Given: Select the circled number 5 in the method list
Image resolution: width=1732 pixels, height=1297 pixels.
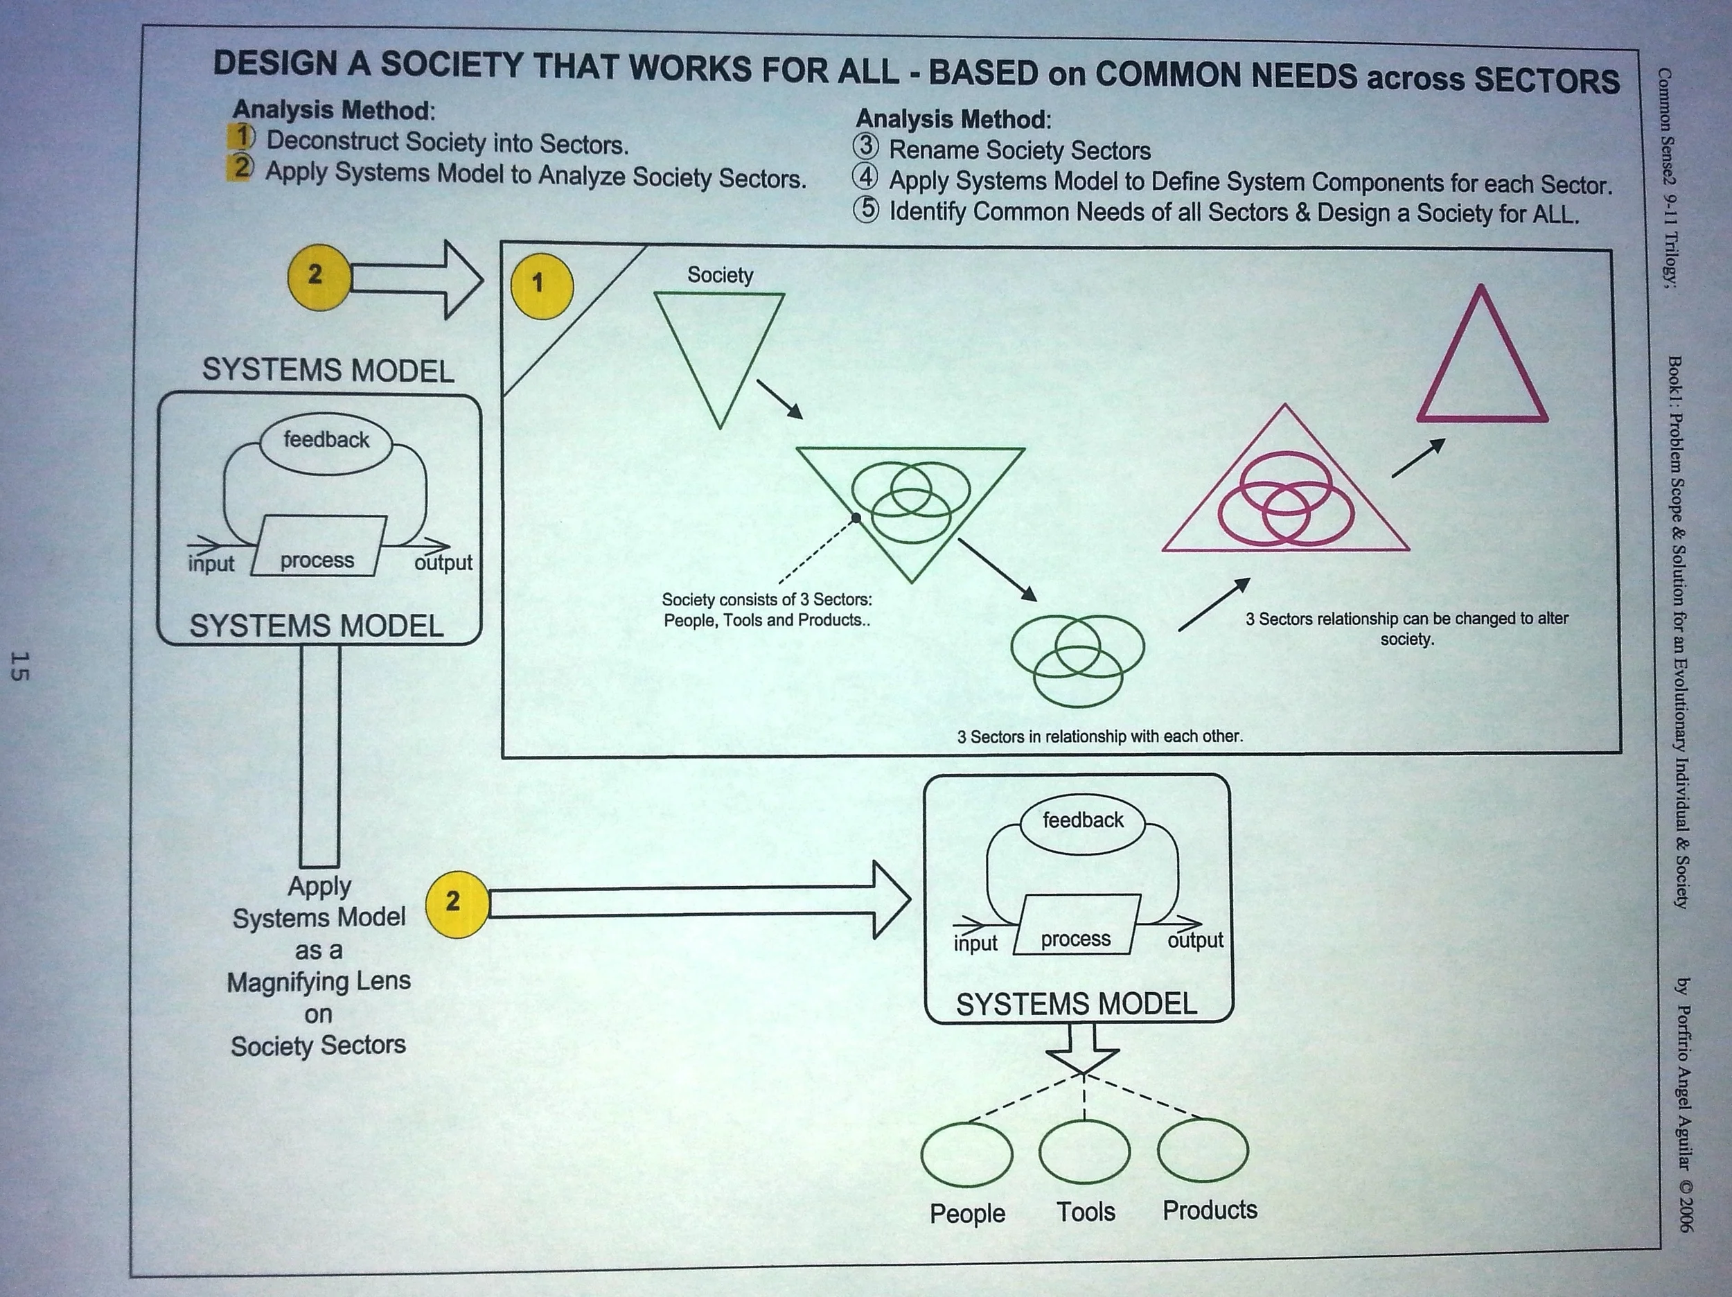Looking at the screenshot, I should coord(866,210).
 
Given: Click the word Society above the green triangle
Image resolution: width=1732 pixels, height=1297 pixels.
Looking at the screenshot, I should coord(720,275).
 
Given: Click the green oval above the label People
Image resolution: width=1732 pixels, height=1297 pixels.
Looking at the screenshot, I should coord(966,1154).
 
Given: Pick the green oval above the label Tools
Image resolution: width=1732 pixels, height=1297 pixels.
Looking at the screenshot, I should coord(1084,1152).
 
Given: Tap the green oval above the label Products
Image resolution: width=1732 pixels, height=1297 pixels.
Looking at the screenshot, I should coord(1203,1149).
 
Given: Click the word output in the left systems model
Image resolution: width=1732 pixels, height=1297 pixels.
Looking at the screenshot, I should coord(443,563).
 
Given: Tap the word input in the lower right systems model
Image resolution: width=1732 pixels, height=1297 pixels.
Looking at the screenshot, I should coord(975,943).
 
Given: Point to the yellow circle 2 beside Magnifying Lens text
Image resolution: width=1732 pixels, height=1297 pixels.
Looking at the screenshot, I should coord(456,904).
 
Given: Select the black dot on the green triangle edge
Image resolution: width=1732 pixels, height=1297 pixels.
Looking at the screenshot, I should coord(856,518).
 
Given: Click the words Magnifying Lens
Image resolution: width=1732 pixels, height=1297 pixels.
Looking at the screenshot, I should coord(319,981).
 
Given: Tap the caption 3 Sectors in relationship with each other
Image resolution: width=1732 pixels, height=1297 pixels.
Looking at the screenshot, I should coord(1099,736).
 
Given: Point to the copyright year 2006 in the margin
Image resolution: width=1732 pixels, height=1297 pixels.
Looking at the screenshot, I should coord(1685,1212).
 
